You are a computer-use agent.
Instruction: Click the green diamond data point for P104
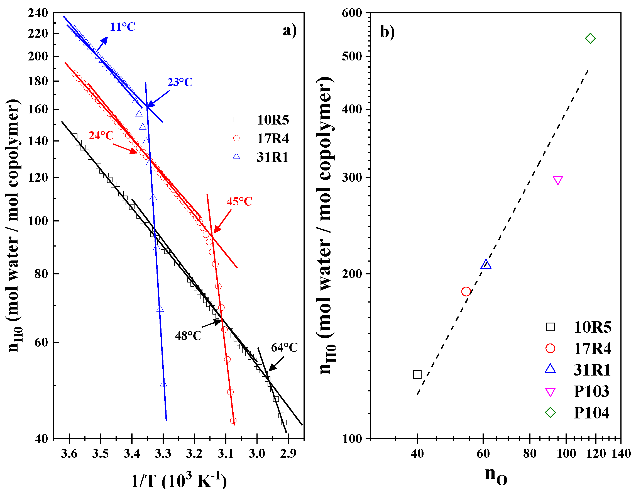click(x=590, y=38)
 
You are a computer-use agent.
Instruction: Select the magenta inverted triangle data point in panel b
click(x=557, y=180)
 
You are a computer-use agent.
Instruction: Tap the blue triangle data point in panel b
click(x=486, y=265)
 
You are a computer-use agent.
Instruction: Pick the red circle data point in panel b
click(x=466, y=291)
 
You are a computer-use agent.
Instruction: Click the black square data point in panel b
click(x=417, y=375)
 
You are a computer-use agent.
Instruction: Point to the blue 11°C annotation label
click(x=122, y=27)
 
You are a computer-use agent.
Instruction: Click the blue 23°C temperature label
click(x=180, y=82)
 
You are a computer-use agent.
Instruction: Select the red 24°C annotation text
click(x=101, y=136)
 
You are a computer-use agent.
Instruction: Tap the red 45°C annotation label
click(x=239, y=202)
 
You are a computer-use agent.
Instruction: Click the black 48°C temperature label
click(x=188, y=336)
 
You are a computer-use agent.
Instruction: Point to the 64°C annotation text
click(x=284, y=348)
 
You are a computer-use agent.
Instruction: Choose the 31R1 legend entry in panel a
click(x=272, y=157)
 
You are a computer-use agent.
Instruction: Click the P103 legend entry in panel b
click(x=591, y=391)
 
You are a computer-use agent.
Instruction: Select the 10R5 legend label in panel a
click(x=273, y=120)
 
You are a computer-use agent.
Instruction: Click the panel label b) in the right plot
click(x=387, y=32)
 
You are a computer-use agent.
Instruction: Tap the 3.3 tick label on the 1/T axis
click(x=163, y=454)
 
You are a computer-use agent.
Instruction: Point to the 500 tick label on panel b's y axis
click(x=351, y=56)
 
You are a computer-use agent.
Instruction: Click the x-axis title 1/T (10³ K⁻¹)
click(x=179, y=481)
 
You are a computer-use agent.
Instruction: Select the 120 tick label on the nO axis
click(x=596, y=454)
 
